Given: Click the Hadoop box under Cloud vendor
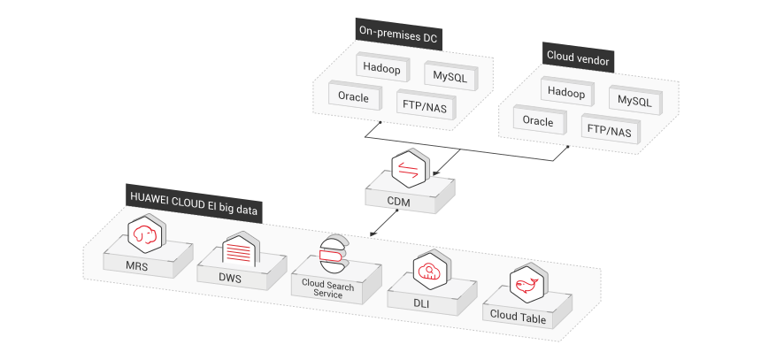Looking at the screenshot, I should (567, 92).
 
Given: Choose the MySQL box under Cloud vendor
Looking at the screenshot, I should (634, 102).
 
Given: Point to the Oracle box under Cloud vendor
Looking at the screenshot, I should (538, 121).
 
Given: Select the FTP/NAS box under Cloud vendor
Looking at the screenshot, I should (609, 131).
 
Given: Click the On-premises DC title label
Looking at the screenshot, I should (398, 34).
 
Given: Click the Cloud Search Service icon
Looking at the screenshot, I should (334, 254).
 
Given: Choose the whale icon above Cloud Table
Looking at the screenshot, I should (525, 285).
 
